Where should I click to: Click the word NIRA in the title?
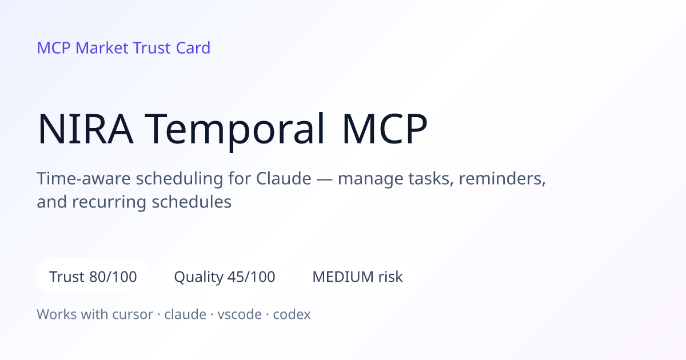point(85,128)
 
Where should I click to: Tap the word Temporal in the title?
point(234,130)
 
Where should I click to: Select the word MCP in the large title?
point(385,128)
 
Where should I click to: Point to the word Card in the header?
point(193,48)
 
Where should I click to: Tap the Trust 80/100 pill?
point(93,277)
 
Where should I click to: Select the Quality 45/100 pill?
point(225,277)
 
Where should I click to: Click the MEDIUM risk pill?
point(357,277)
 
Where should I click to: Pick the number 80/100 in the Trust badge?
point(113,277)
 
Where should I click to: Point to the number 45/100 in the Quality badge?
point(252,277)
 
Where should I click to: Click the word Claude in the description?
point(284,178)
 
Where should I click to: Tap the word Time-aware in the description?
point(83,178)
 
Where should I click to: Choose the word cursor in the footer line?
point(133,314)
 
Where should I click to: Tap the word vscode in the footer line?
point(240,314)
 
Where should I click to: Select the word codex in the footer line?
point(292,314)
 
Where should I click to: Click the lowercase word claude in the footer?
point(185,314)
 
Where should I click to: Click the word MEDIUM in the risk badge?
point(342,277)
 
